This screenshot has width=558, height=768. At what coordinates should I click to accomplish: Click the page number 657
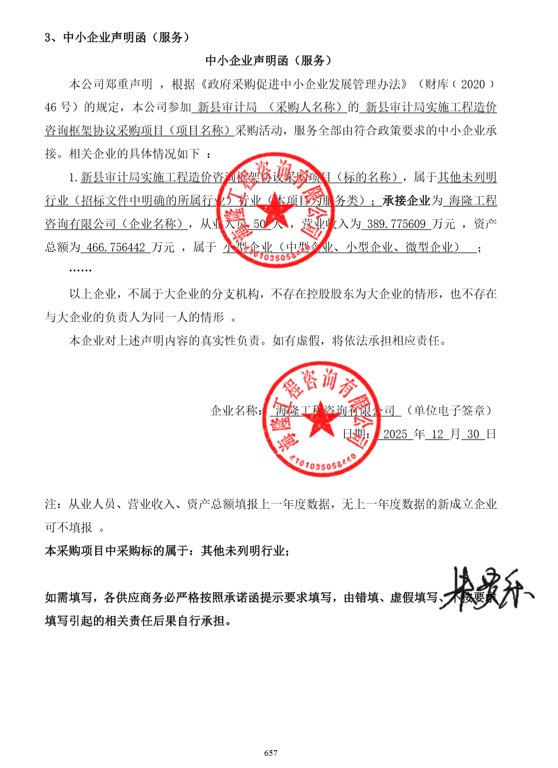click(x=270, y=753)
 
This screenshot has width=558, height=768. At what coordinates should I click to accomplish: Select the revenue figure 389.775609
click(x=396, y=224)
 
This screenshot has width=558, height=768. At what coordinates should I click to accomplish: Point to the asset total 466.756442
click(x=116, y=248)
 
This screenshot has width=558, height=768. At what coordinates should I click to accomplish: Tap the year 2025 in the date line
click(x=395, y=435)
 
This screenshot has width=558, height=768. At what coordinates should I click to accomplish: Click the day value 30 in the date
click(x=473, y=435)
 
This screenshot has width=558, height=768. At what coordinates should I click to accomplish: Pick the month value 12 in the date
click(x=437, y=435)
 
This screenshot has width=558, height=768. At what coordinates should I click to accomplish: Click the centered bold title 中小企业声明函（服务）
click(x=269, y=61)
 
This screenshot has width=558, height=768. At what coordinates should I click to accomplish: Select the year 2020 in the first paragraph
click(x=473, y=84)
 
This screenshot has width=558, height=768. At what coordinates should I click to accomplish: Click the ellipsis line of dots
click(x=80, y=270)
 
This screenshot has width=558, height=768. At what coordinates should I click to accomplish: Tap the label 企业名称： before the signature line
click(x=236, y=411)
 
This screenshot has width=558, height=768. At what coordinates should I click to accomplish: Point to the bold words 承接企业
click(x=406, y=201)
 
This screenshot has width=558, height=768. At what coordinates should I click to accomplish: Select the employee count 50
click(x=260, y=224)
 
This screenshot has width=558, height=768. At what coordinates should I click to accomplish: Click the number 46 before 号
click(x=51, y=108)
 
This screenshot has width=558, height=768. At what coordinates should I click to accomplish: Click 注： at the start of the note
click(x=56, y=505)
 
